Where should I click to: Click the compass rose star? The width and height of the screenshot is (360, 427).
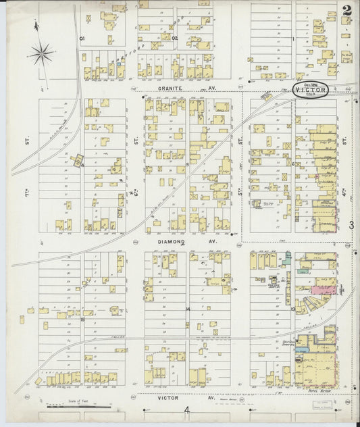(42, 52)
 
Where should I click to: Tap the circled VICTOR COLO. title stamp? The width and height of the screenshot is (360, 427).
(311, 91)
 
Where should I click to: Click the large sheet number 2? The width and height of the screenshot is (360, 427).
(346, 11)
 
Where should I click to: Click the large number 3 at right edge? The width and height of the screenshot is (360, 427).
(351, 226)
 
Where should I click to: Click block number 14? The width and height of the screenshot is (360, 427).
(188, 309)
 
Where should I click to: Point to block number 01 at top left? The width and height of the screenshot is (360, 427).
(82, 39)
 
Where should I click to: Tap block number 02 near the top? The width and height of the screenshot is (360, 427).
(174, 39)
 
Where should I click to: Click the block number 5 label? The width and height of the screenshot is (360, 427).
(187, 164)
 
